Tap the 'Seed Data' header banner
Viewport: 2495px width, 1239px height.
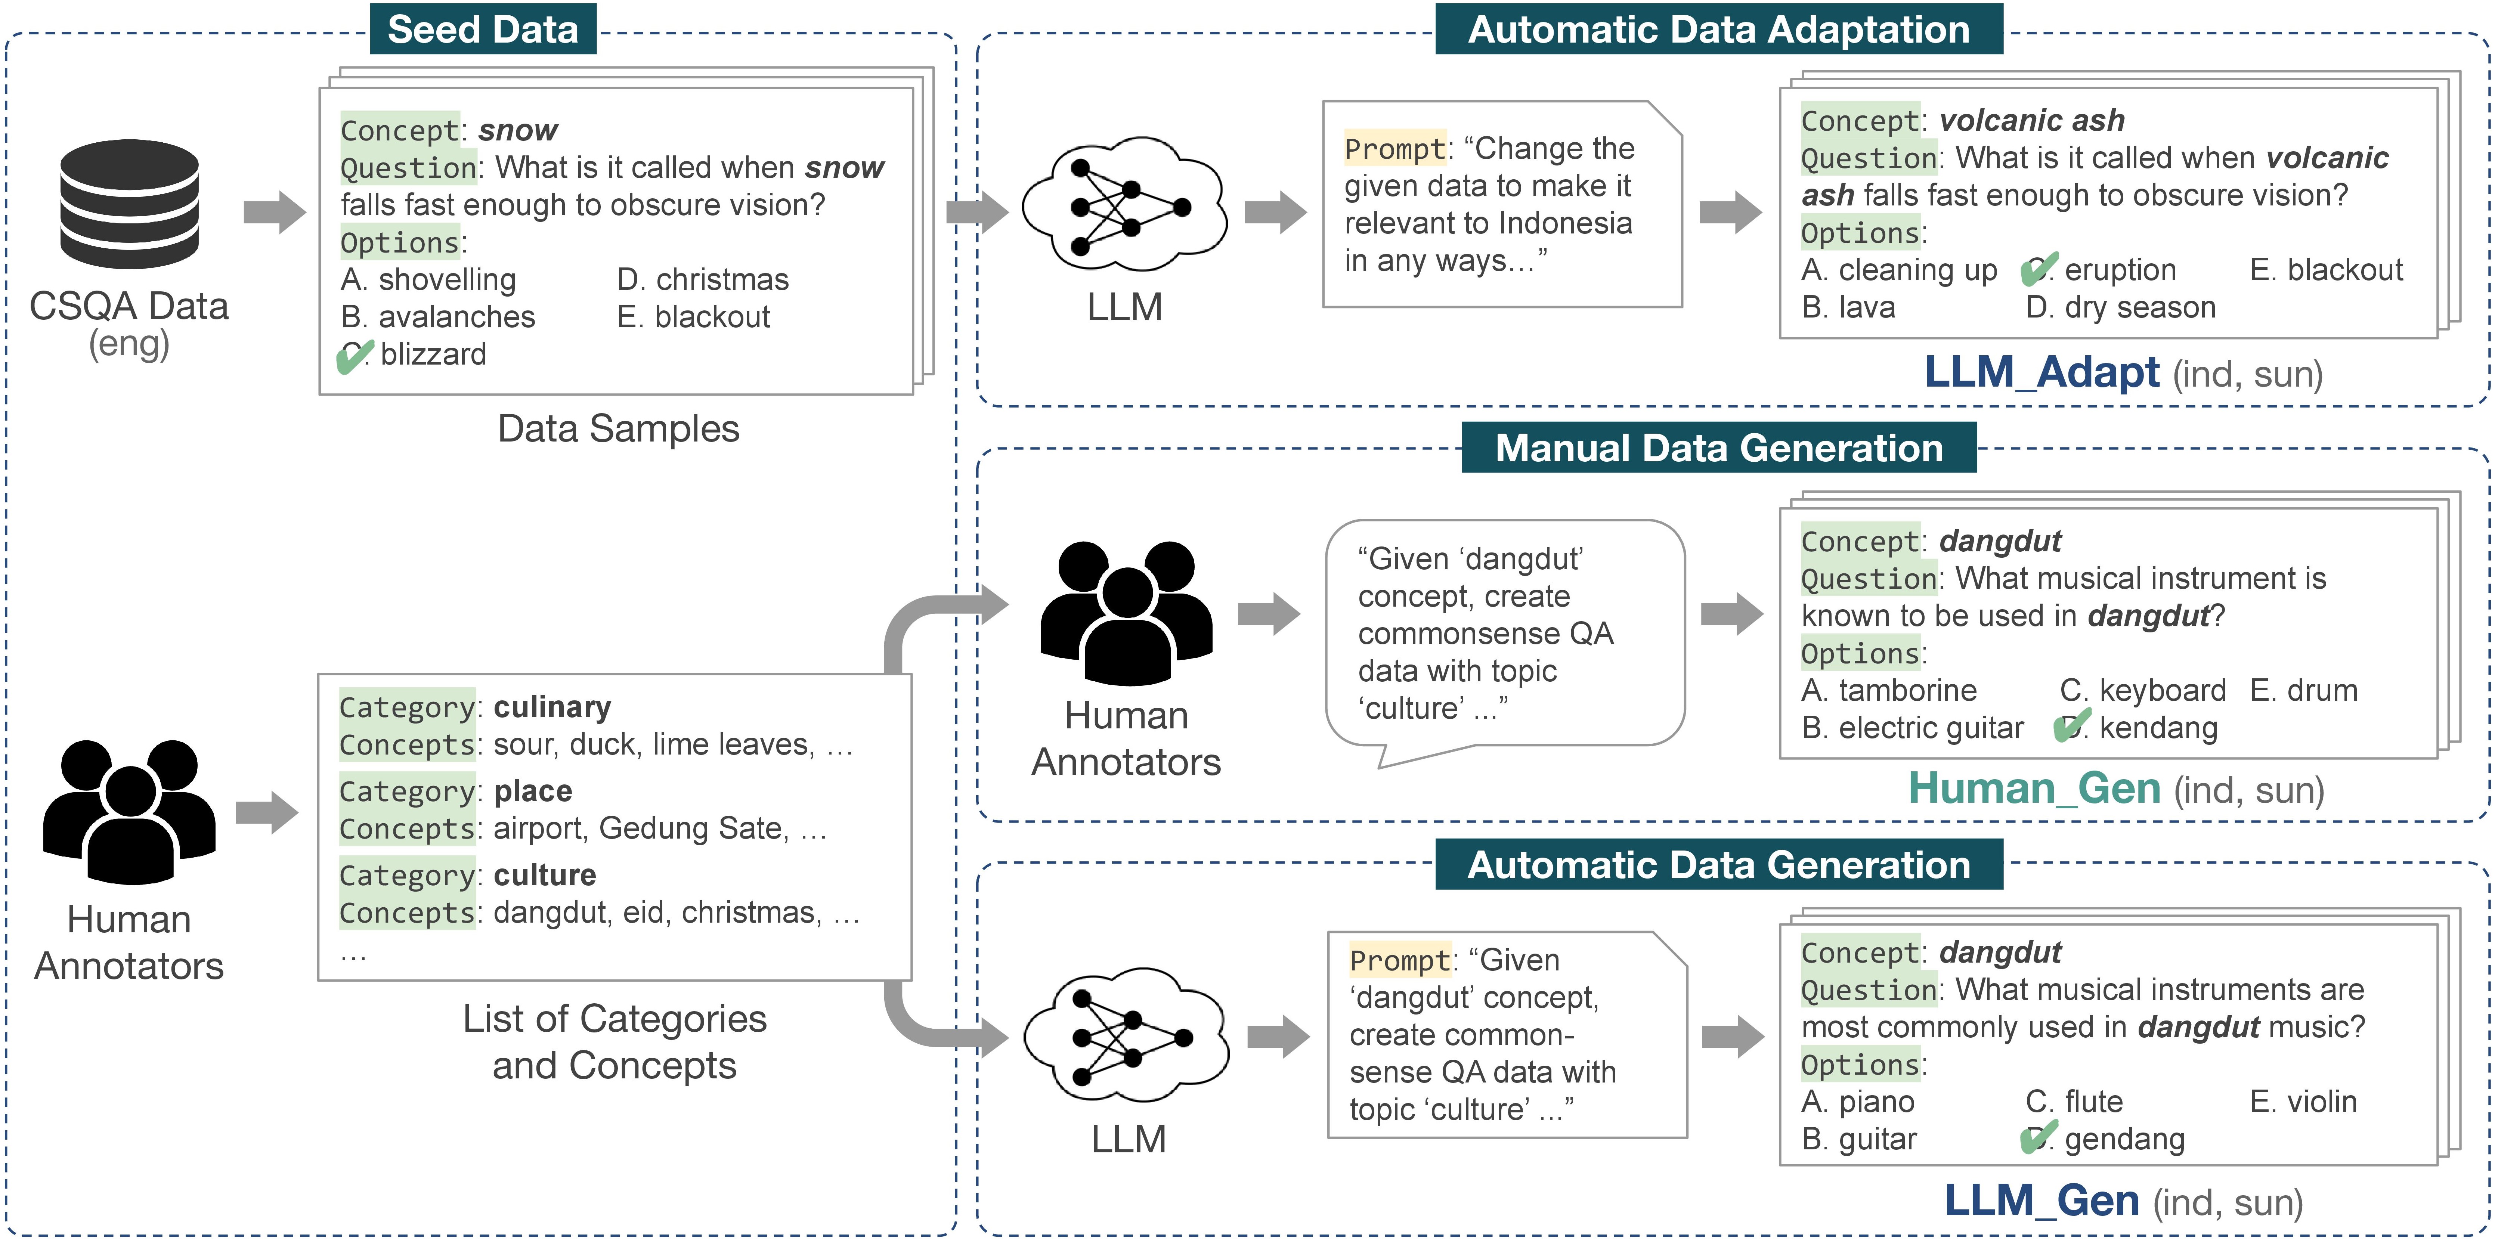click(482, 29)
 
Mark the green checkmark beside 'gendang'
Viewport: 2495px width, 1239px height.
click(2039, 1137)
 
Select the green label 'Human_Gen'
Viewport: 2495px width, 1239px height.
click(2034, 789)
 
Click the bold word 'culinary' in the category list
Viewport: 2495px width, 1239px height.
click(552, 707)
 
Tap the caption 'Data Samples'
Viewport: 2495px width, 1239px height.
click(618, 428)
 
